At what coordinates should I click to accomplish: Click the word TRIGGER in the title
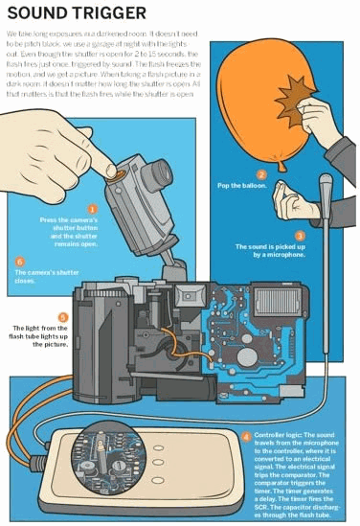[110, 13]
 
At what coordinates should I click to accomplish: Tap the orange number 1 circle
[93, 208]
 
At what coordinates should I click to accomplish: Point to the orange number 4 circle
[247, 436]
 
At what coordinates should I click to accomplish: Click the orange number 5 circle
[63, 316]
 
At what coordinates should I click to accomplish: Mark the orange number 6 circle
[20, 260]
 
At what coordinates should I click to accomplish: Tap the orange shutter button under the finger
[118, 176]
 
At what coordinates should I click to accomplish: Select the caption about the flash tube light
[38, 335]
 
